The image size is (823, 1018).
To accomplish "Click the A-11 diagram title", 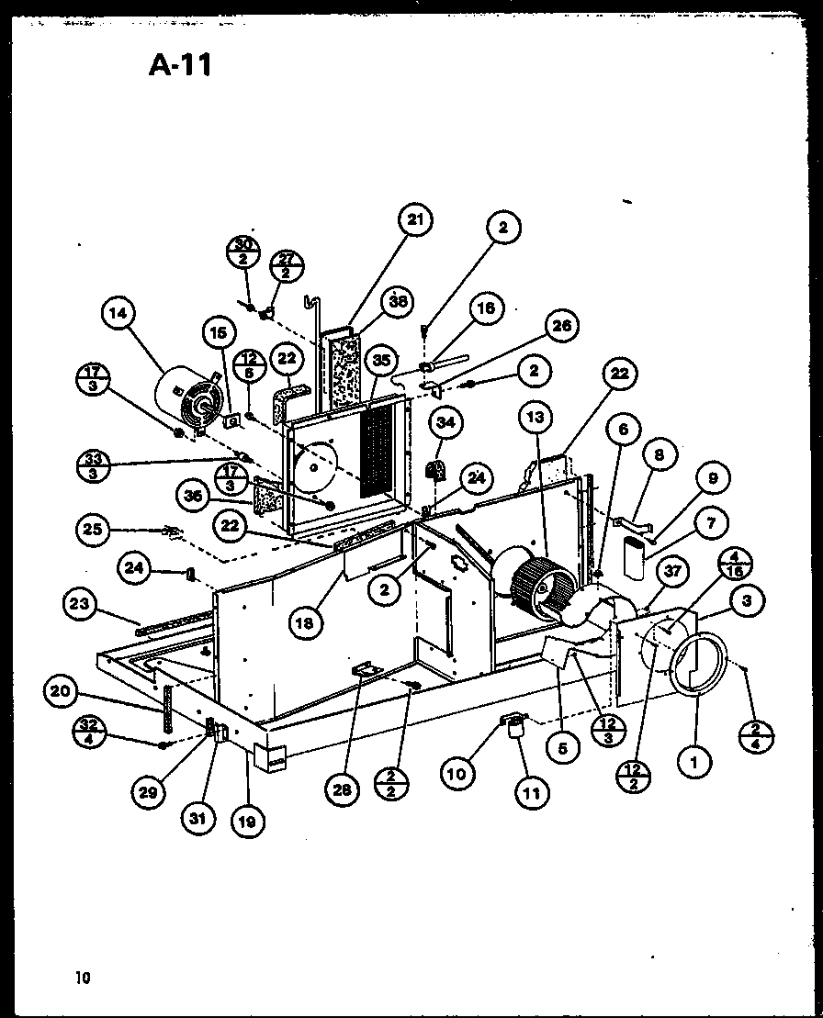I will (x=180, y=66).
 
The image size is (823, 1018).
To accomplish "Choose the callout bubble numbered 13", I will (x=535, y=418).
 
